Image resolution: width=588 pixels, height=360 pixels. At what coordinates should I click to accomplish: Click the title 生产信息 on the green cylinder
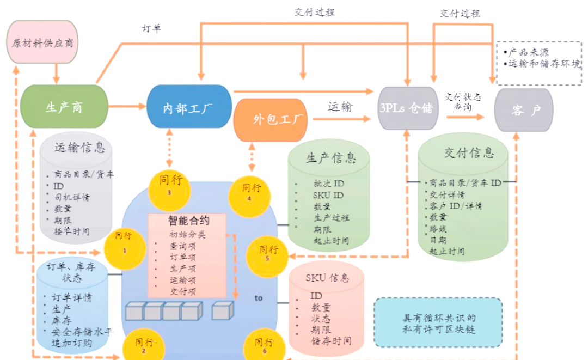pos(331,157)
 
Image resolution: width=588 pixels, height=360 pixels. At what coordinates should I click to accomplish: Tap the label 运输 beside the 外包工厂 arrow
pos(340,107)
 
